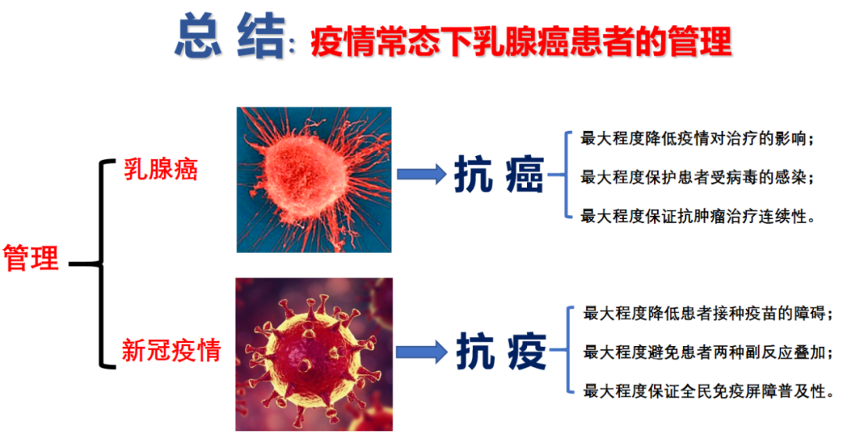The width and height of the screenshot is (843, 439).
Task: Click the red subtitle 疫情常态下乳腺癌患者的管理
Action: pos(521,41)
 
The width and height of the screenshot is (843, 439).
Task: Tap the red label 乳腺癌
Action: pos(161,169)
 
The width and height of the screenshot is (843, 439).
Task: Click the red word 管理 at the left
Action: pos(31,258)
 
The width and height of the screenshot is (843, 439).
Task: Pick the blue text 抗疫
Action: pos(500,352)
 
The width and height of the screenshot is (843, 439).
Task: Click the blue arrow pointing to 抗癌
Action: pos(421,175)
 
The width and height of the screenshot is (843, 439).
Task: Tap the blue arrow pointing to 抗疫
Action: pos(421,352)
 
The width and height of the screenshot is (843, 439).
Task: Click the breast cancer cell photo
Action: pos(314,179)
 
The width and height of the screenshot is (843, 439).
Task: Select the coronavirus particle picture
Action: pos(314,354)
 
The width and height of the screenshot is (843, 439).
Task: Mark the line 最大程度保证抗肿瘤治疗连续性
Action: pos(698,215)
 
